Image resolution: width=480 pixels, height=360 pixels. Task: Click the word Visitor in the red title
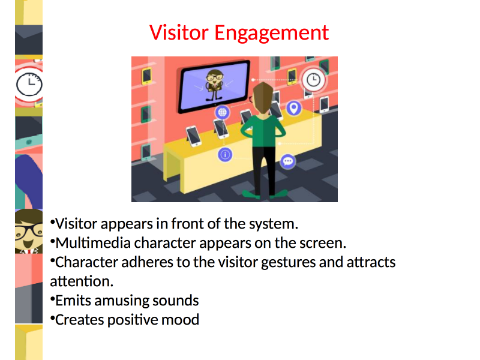179,32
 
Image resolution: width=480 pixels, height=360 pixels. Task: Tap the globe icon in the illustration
222,112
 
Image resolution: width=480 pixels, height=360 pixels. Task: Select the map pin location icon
294,108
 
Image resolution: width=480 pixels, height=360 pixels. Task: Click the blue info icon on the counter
225,155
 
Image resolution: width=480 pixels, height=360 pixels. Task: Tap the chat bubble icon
288,161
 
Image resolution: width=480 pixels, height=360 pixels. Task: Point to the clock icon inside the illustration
313,80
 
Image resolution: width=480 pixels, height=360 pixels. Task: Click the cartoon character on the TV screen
214,85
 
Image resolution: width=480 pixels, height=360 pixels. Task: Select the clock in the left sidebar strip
29,84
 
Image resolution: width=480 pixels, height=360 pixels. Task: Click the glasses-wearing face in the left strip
29,231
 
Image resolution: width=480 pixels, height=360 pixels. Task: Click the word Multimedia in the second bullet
93,243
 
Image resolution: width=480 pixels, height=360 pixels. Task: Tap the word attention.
82,281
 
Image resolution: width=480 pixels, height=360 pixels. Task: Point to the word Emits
73,301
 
